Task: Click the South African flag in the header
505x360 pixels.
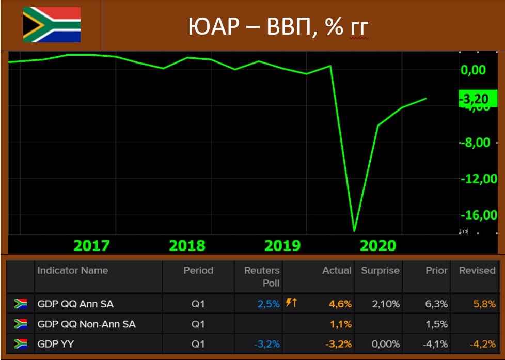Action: pyautogui.click(x=52, y=24)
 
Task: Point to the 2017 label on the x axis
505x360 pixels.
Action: pyautogui.click(x=92, y=245)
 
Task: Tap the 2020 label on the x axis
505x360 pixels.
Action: pyautogui.click(x=377, y=245)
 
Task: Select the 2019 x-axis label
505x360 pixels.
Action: pyautogui.click(x=282, y=245)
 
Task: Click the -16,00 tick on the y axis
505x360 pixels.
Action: pyautogui.click(x=479, y=215)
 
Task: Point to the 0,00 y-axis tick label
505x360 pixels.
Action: pyautogui.click(x=472, y=70)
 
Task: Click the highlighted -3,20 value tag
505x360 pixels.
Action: pyautogui.click(x=477, y=98)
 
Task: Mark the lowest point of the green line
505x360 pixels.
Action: pyautogui.click(x=354, y=231)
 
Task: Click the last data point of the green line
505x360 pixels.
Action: pyautogui.click(x=426, y=98)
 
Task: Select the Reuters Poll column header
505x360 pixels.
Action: pyautogui.click(x=262, y=276)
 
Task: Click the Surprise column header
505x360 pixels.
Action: pyautogui.click(x=380, y=270)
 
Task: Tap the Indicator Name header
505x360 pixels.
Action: pyautogui.click(x=73, y=270)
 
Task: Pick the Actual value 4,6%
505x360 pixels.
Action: pyautogui.click(x=340, y=304)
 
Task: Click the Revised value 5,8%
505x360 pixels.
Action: pyautogui.click(x=485, y=304)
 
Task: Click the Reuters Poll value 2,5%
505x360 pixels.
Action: pyautogui.click(x=269, y=304)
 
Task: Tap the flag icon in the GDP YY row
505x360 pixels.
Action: pyautogui.click(x=21, y=344)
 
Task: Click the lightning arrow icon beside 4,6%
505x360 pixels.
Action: pyautogui.click(x=291, y=303)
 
